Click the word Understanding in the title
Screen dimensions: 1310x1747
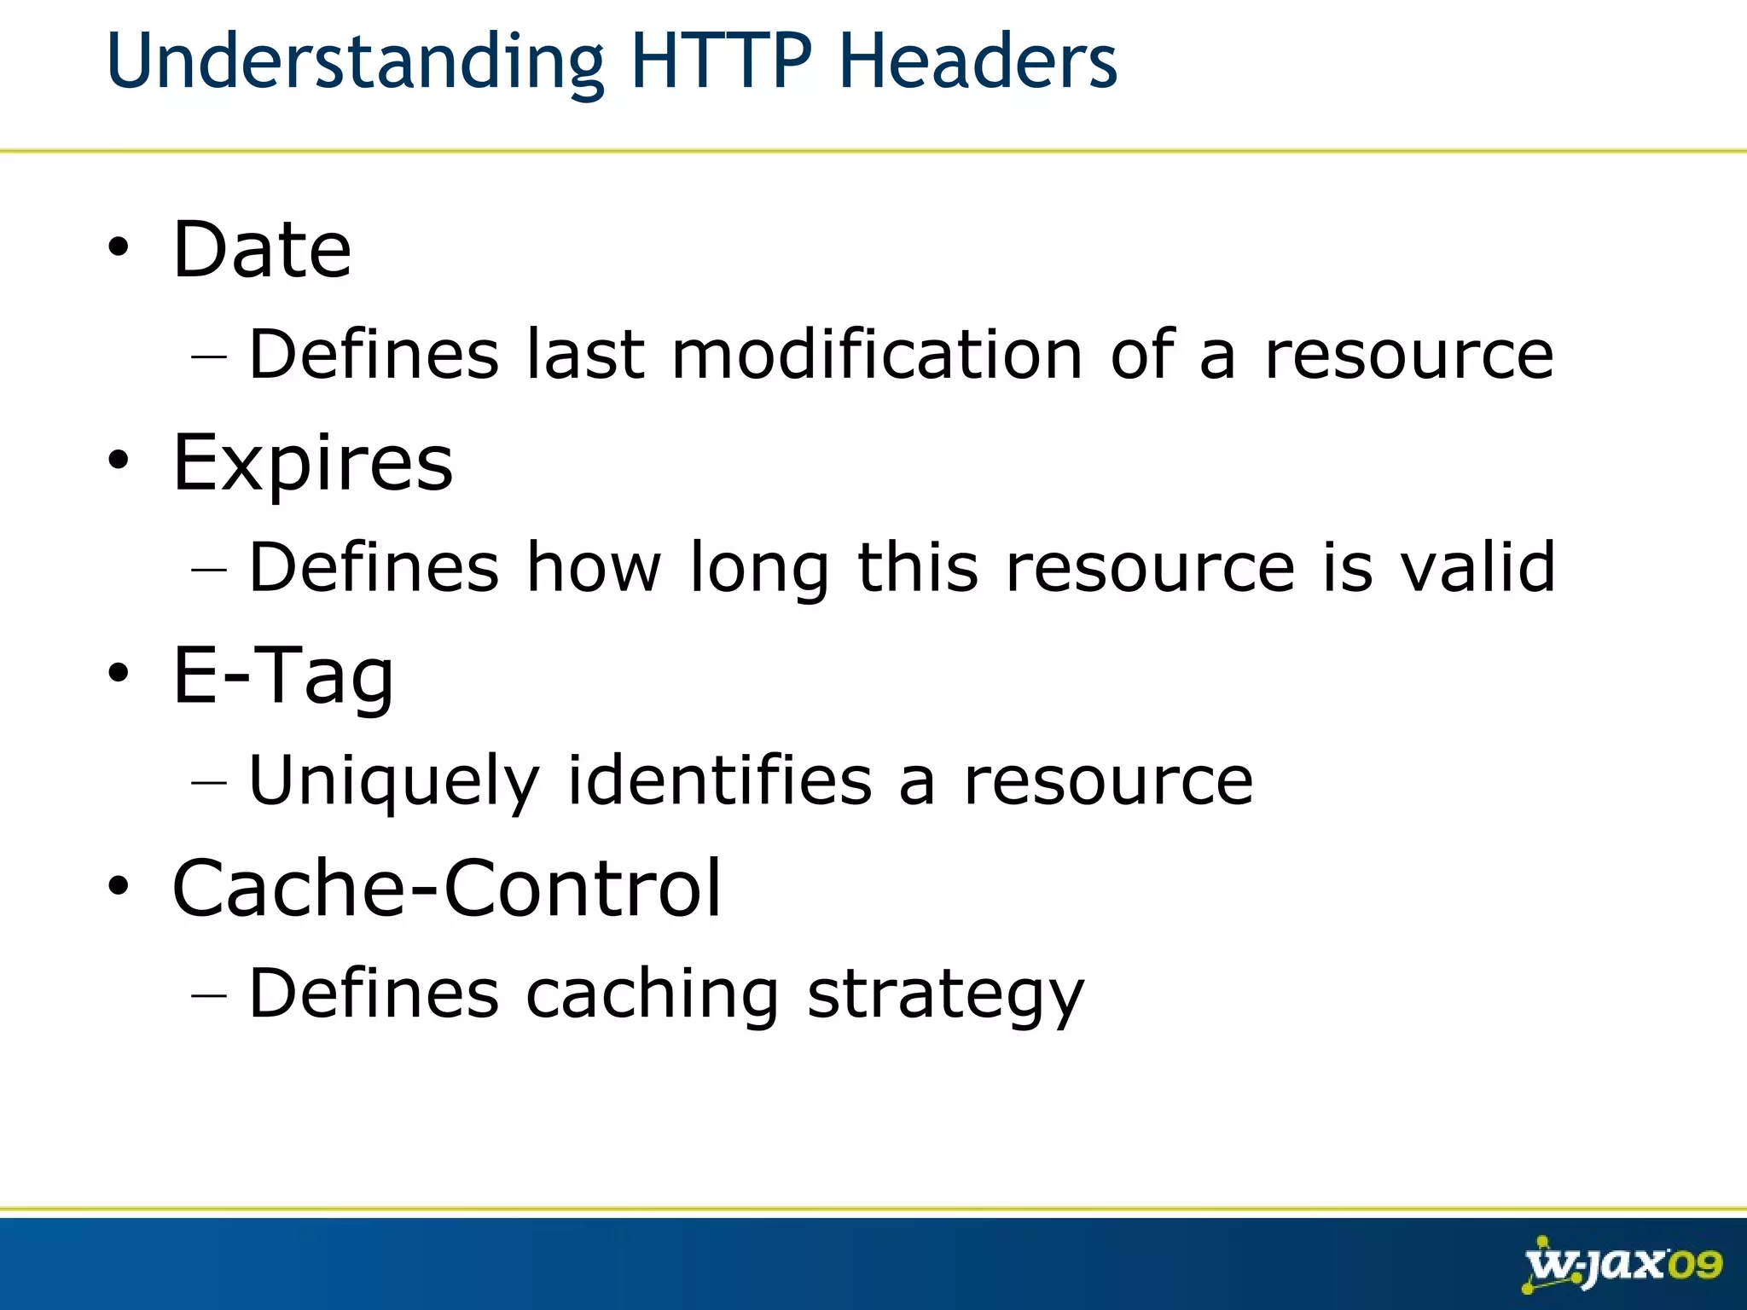pyautogui.click(x=354, y=61)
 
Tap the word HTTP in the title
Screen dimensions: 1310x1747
pyautogui.click(x=722, y=61)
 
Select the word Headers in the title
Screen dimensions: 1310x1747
pyautogui.click(x=978, y=61)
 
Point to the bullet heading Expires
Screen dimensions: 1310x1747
pyautogui.click(x=312, y=463)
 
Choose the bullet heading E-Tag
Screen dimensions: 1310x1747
pyautogui.click(x=283, y=675)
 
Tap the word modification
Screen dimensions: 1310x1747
pyautogui.click(x=877, y=354)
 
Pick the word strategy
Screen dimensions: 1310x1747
pyautogui.click(x=945, y=994)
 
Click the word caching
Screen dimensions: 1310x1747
pyautogui.click(x=652, y=994)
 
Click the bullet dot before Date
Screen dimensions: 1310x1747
pyautogui.click(x=119, y=248)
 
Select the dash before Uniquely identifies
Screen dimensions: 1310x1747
pyautogui.click(x=209, y=781)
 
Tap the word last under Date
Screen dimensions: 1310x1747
pyautogui.click(x=585, y=354)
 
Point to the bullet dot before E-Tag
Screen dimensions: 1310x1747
pyautogui.click(x=119, y=674)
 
